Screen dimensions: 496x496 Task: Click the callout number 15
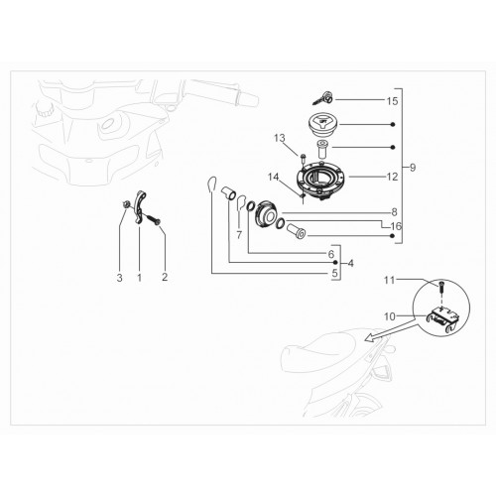[392, 101]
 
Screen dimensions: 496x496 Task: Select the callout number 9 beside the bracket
[413, 168]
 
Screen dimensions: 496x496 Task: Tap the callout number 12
[392, 177]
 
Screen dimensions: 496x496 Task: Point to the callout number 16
[396, 226]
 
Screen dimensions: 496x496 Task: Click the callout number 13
[280, 138]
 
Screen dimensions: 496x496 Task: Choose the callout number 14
[274, 177]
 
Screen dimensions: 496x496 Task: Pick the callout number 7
[239, 235]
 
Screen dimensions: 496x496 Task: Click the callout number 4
[350, 264]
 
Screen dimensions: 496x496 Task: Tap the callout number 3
[119, 278]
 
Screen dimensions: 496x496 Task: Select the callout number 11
[389, 280]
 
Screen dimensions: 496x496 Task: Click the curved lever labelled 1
[140, 206]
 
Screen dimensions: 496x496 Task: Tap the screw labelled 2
[152, 219]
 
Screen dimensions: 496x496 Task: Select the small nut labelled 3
[125, 205]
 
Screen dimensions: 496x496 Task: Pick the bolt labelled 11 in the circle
[442, 286]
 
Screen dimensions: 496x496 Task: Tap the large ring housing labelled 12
[320, 180]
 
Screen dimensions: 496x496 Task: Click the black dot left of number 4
[335, 262]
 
